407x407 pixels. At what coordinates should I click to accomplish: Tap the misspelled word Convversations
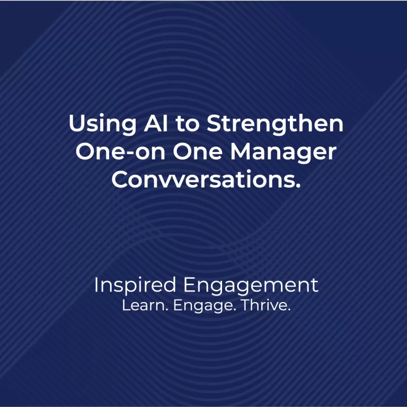coord(202,180)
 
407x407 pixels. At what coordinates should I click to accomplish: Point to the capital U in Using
coord(76,125)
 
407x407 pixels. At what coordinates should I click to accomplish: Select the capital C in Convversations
coord(120,180)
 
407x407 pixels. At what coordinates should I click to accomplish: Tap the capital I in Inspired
coord(96,285)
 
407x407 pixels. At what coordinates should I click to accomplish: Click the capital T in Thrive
coord(245,306)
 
